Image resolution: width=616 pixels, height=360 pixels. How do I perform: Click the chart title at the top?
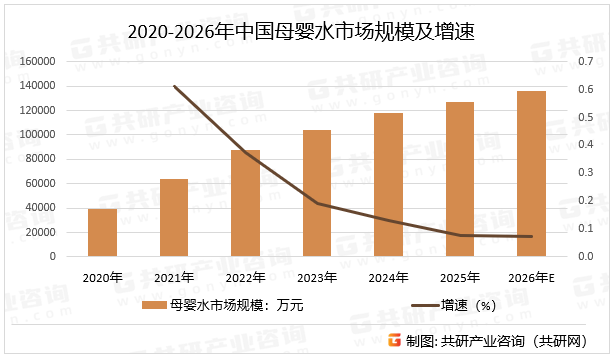point(308,32)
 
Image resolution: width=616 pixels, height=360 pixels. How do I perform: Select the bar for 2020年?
point(102,232)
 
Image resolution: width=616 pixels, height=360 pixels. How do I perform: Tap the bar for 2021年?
point(174,218)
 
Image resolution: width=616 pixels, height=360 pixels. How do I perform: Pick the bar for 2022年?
point(245,203)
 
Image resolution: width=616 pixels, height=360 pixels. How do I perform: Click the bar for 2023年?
point(317,193)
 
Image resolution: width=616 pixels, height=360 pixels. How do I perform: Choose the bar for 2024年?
point(388,185)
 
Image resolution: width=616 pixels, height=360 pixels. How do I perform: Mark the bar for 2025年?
point(460,179)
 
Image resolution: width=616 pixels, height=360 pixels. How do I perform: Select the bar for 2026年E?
point(531,174)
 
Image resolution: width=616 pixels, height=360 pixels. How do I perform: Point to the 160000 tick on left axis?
point(37,61)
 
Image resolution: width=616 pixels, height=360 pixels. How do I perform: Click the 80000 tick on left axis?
point(40,159)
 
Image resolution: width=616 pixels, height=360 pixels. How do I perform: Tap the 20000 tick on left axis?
point(40,232)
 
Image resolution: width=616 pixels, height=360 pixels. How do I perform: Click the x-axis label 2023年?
point(317,276)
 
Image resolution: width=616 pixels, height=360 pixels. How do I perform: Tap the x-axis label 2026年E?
point(531,276)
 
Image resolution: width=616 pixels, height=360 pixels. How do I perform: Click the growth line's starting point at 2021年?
point(174,86)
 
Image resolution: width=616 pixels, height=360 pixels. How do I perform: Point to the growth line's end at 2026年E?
point(531,237)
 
